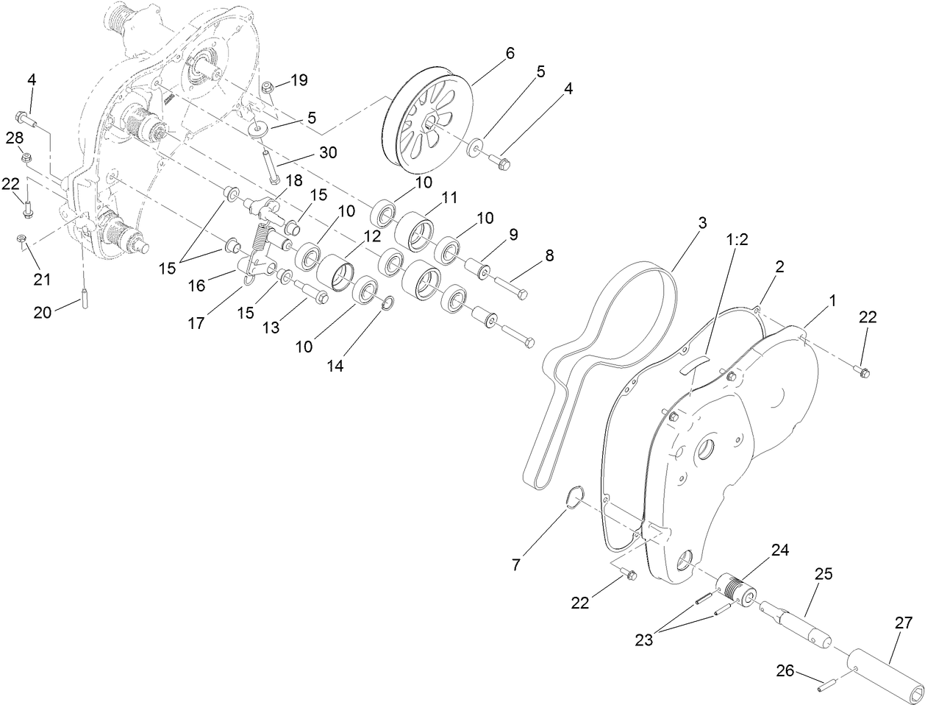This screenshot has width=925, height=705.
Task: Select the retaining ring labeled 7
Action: (575, 497)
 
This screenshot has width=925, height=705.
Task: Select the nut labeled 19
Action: (269, 90)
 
